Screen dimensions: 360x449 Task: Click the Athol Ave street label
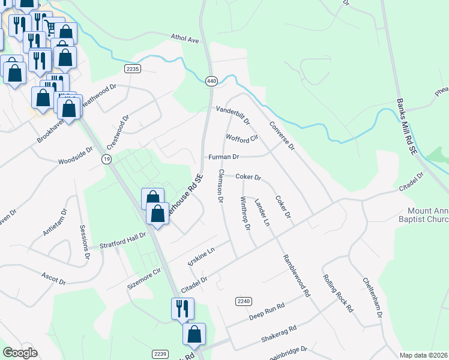point(185,40)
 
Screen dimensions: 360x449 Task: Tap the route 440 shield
point(211,80)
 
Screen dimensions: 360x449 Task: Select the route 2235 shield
point(133,69)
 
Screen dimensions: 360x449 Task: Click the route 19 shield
point(106,158)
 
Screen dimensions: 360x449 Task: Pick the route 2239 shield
point(159,353)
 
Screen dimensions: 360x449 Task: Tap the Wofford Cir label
point(241,138)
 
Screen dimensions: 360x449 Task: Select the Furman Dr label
point(223,157)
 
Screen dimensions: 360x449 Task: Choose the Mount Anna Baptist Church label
point(428,215)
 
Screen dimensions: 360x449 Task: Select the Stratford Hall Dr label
point(122,241)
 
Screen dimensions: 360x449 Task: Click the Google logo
point(20,353)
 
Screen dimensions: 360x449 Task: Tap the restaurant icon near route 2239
point(182,309)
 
